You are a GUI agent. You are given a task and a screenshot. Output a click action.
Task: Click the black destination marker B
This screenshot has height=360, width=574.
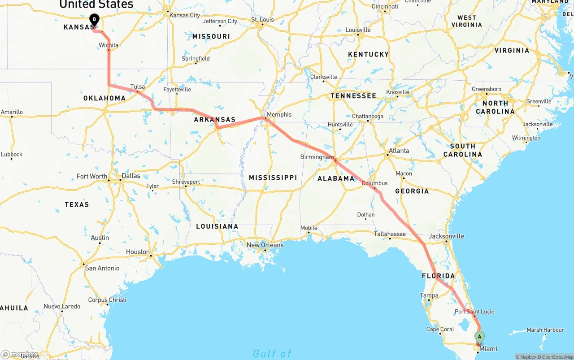tap(94, 19)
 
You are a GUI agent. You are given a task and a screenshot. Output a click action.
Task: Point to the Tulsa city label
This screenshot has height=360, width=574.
tap(138, 87)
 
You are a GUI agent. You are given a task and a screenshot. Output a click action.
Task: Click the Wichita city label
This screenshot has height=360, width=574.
tap(109, 45)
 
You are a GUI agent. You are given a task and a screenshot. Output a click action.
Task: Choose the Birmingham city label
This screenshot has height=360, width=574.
tap(317, 157)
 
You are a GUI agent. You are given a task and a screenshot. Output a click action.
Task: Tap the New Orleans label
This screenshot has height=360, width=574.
tap(265, 245)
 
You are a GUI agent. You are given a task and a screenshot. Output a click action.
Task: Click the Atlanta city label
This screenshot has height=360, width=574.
tap(399, 151)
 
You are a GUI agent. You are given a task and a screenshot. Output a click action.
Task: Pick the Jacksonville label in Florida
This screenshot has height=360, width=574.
tap(446, 236)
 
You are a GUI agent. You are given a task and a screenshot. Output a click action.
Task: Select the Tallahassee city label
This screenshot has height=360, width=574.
tap(390, 234)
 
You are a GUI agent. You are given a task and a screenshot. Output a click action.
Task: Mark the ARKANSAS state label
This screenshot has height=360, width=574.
tap(214, 120)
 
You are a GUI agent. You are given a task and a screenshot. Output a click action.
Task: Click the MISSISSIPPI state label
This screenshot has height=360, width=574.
tap(273, 178)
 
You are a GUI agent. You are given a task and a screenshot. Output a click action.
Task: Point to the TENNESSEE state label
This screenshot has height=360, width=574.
tap(353, 96)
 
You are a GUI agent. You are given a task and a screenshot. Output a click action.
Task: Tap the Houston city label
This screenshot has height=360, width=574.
tap(138, 252)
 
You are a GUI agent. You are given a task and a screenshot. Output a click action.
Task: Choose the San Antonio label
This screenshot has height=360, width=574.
tap(102, 268)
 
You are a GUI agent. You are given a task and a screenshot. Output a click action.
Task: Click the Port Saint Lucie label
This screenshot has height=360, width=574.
tap(474, 312)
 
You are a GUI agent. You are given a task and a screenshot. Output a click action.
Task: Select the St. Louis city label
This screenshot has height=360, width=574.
tap(262, 20)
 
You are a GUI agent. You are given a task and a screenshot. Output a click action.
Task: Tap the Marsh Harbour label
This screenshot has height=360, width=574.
tap(545, 330)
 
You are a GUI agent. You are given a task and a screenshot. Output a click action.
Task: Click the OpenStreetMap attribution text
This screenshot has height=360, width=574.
tap(557, 357)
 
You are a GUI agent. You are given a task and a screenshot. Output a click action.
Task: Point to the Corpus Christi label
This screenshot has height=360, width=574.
tap(107, 300)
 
